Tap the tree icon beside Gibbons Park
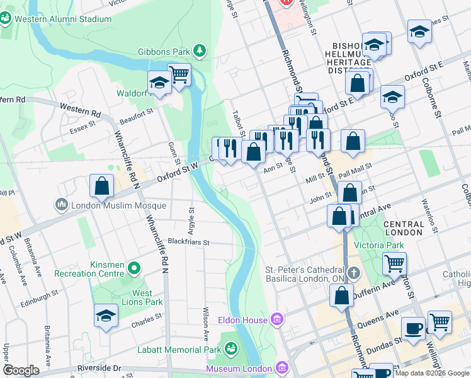tap(200, 50)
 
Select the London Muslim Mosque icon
tap(62, 205)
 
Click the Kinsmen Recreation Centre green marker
tap(134, 269)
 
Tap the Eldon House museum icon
tap(276, 320)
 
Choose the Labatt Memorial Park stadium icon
tap(231, 349)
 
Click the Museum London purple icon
tap(281, 367)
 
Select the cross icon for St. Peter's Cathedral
tap(354, 273)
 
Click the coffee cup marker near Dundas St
tap(414, 328)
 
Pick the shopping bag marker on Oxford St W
tap(102, 186)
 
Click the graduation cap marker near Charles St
tap(106, 316)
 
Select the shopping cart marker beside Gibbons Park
tap(179, 75)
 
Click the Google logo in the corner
tap(21, 370)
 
